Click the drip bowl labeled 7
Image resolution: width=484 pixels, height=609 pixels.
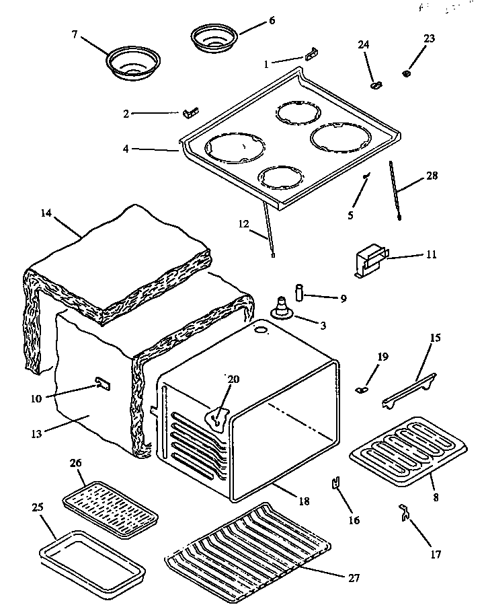[x=132, y=62]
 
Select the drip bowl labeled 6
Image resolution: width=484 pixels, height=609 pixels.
[x=214, y=39]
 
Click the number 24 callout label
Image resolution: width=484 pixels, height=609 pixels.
[x=363, y=44]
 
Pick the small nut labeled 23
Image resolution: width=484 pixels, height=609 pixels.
[x=407, y=72]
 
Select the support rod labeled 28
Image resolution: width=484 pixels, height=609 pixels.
[x=395, y=190]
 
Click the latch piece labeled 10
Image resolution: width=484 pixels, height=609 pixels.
[x=102, y=384]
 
